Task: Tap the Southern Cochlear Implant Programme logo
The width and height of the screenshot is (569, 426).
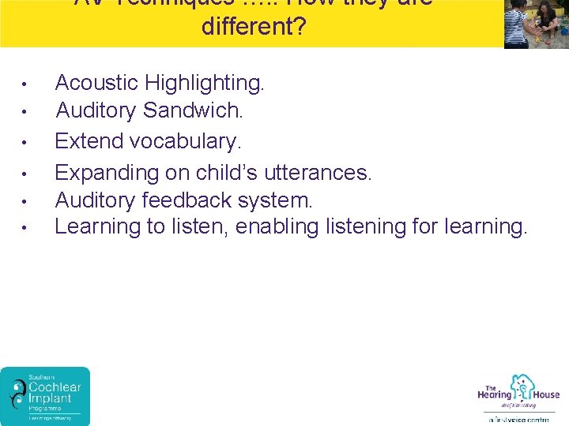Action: (x=45, y=396)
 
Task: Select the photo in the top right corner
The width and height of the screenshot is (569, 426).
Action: (x=536, y=24)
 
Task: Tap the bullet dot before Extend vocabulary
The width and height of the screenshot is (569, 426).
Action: (x=25, y=143)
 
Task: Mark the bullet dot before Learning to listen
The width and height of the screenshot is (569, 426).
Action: (x=25, y=228)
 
